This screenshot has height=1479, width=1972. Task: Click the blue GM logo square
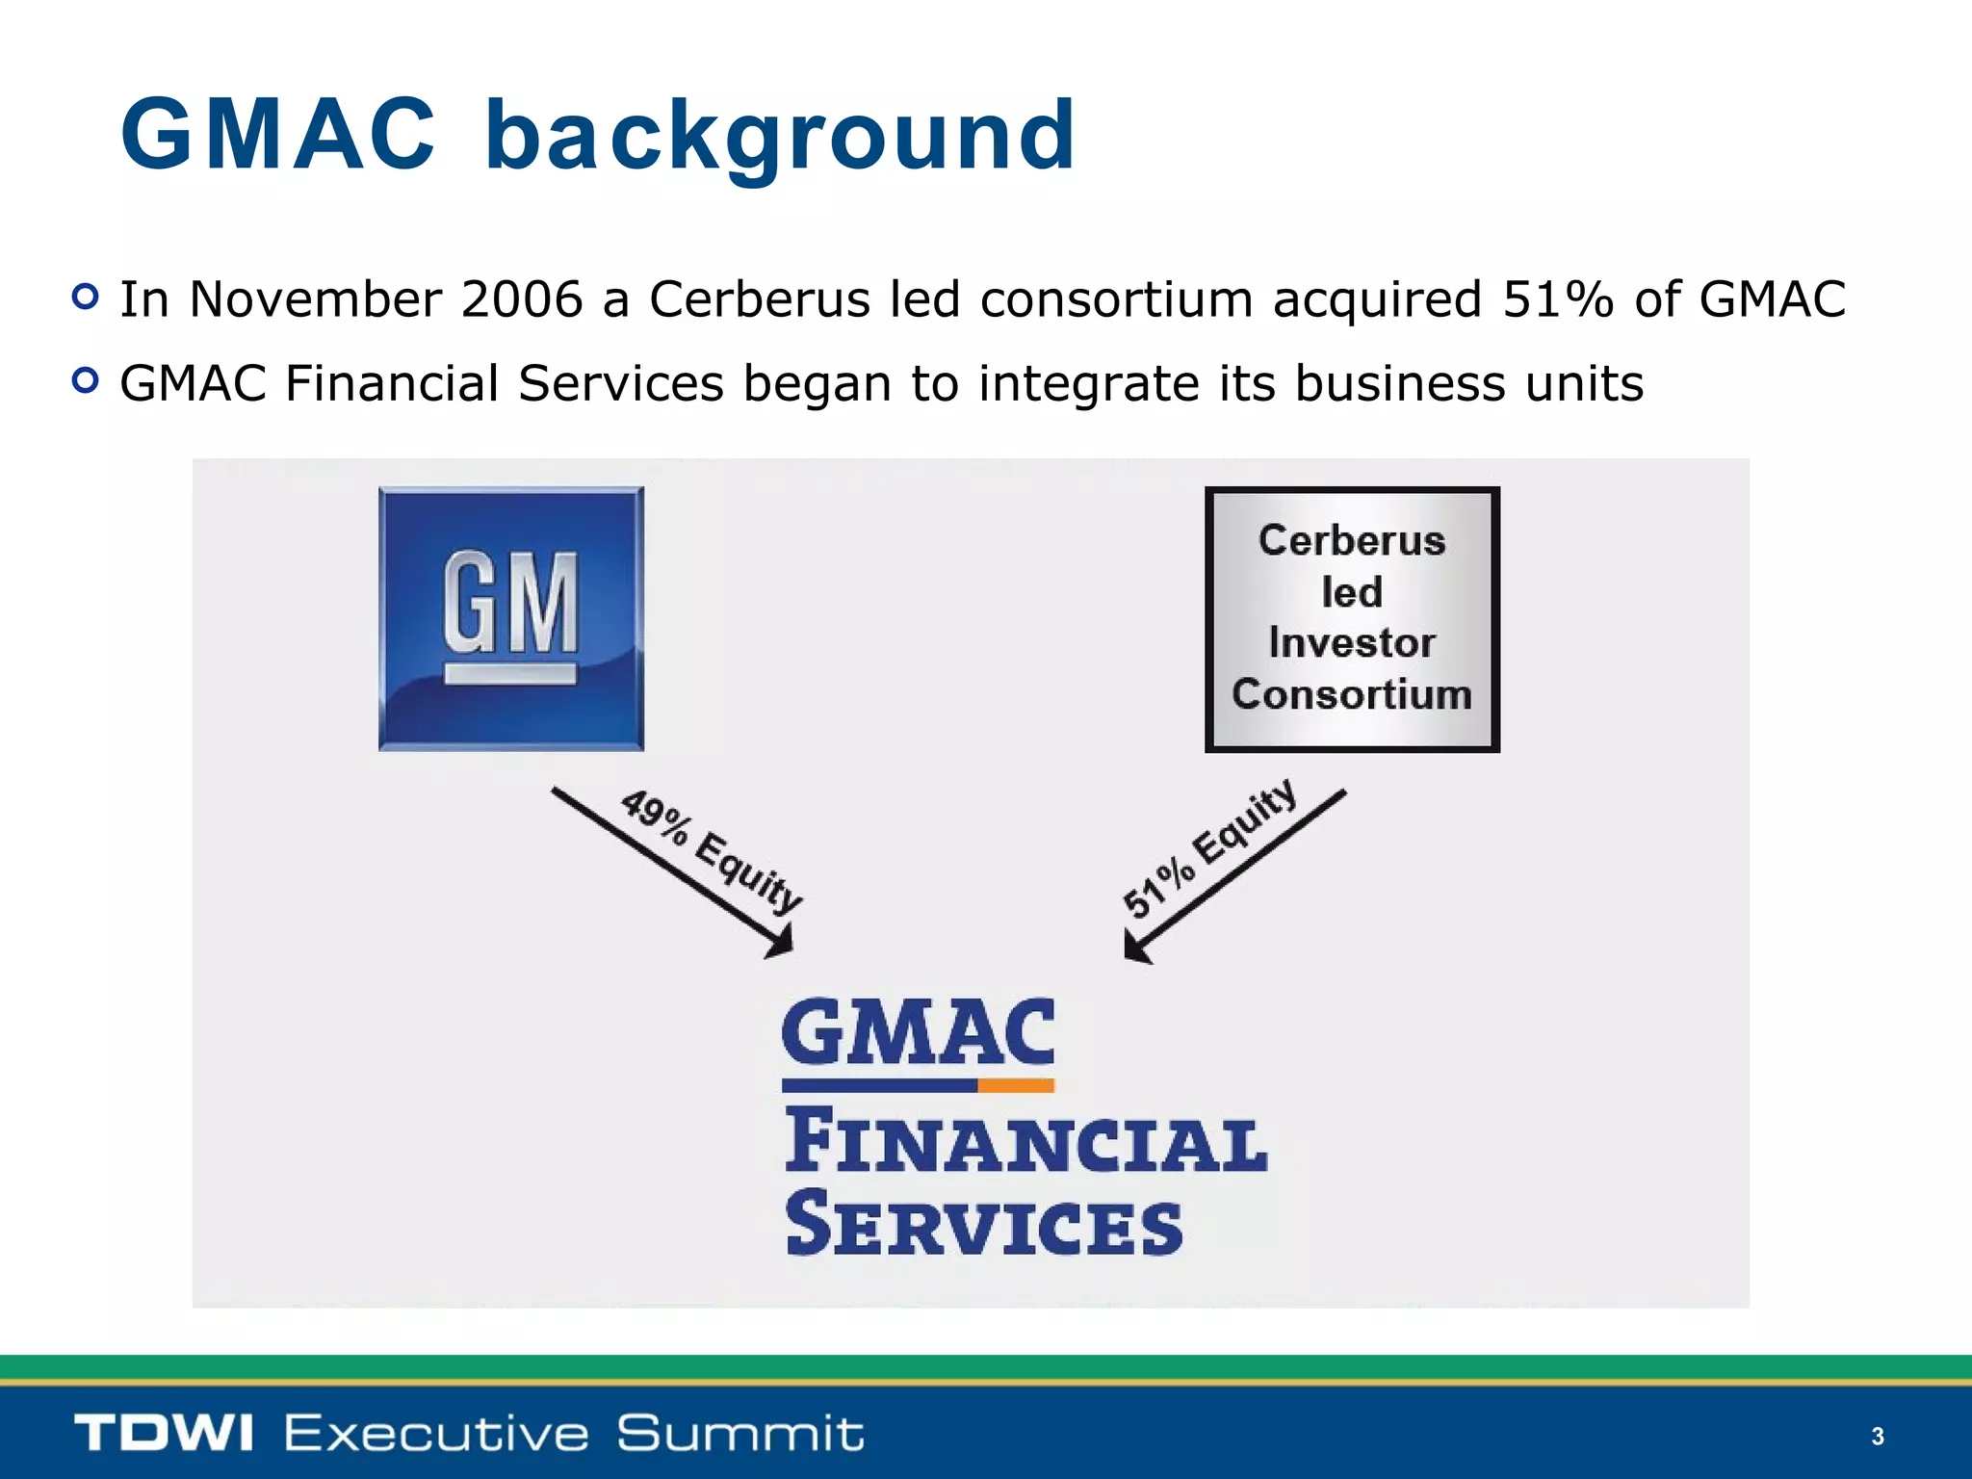(x=510, y=618)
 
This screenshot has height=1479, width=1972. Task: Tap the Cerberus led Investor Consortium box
(x=1351, y=618)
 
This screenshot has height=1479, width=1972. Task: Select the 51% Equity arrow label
(x=1209, y=847)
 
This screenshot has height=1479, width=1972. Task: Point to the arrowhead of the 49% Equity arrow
(x=782, y=942)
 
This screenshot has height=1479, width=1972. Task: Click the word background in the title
(x=780, y=137)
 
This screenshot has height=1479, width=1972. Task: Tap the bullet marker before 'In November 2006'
(x=85, y=297)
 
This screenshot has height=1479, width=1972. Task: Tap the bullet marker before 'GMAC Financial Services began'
(x=85, y=381)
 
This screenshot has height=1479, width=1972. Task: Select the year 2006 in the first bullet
(x=521, y=298)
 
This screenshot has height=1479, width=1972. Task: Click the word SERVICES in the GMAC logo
(x=983, y=1225)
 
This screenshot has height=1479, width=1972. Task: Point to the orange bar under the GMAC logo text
(x=1016, y=1085)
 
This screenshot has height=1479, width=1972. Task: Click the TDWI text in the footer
(x=164, y=1433)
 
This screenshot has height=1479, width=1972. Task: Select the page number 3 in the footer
(x=1877, y=1437)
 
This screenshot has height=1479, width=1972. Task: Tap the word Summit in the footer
(x=739, y=1433)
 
